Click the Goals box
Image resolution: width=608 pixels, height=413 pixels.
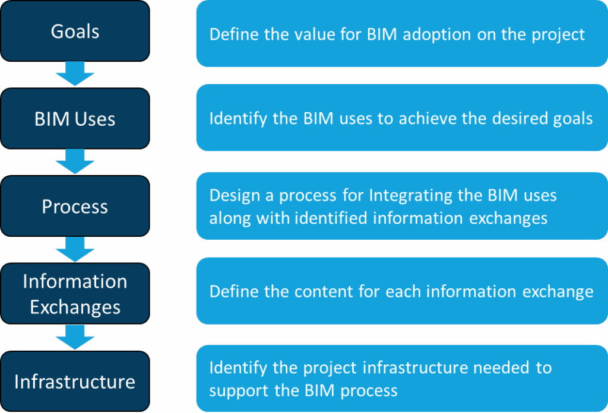(75, 31)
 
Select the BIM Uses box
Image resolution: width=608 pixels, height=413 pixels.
(75, 119)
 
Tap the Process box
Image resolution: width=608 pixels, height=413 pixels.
(75, 206)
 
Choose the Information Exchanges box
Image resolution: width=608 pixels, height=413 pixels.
(75, 294)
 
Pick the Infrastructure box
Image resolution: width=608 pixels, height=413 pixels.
(75, 381)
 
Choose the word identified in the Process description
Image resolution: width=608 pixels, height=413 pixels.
(330, 218)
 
